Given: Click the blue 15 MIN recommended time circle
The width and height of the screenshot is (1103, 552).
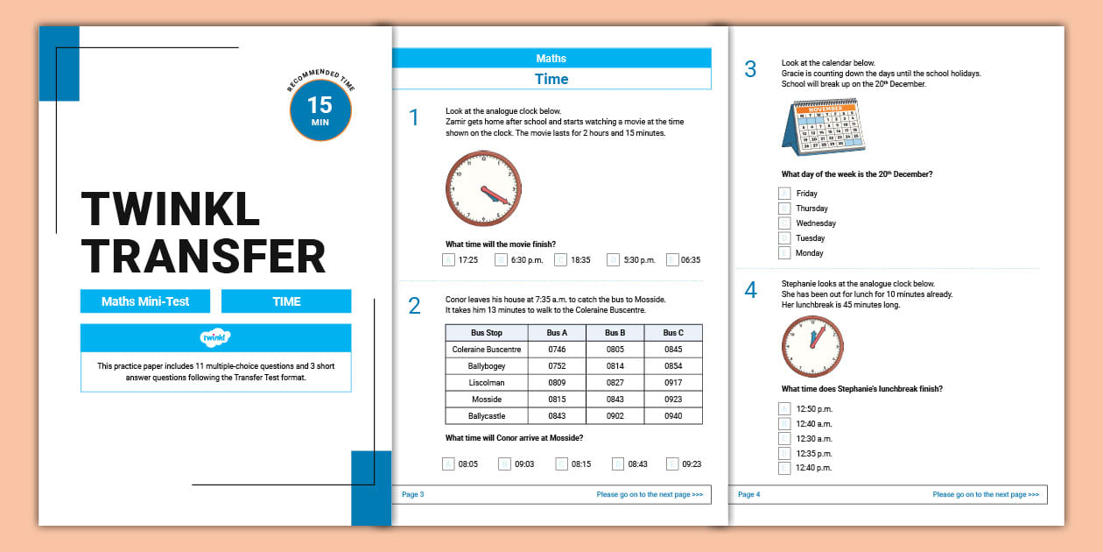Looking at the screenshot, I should pyautogui.click(x=320, y=110).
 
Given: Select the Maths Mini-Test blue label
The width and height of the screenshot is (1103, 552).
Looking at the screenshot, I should pyautogui.click(x=145, y=301).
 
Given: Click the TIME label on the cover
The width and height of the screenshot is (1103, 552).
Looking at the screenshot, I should pyautogui.click(x=286, y=301).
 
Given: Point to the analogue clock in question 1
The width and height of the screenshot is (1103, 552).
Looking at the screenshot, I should pyautogui.click(x=483, y=189).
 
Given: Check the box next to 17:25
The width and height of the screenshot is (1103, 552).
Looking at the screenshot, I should pyautogui.click(x=449, y=259).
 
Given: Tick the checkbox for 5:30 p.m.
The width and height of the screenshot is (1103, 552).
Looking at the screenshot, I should pyautogui.click(x=614, y=259).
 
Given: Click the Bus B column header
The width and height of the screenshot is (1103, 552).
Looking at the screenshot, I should pyautogui.click(x=615, y=333).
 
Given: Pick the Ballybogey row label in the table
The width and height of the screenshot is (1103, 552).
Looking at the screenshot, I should pyautogui.click(x=487, y=366).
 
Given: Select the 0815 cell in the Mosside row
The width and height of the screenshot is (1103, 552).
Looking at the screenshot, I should pyautogui.click(x=557, y=399).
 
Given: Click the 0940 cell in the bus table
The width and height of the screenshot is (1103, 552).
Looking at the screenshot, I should pyautogui.click(x=673, y=415).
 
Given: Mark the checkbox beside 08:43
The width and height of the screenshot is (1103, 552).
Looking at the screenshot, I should pyautogui.click(x=618, y=464).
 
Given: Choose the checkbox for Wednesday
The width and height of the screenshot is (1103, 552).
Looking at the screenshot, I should pyautogui.click(x=785, y=223).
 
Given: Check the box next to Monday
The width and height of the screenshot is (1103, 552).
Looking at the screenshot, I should pyautogui.click(x=785, y=253).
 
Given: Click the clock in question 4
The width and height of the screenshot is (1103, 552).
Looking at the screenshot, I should pyautogui.click(x=811, y=346).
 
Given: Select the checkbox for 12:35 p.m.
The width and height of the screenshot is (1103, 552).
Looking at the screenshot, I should pyautogui.click(x=785, y=453).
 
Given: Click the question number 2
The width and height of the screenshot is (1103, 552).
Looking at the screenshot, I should pyautogui.click(x=414, y=306).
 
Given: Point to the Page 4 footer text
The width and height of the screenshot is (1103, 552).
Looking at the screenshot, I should pyautogui.click(x=749, y=494).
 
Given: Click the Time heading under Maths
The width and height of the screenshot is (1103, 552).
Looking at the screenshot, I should pyautogui.click(x=551, y=80).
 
